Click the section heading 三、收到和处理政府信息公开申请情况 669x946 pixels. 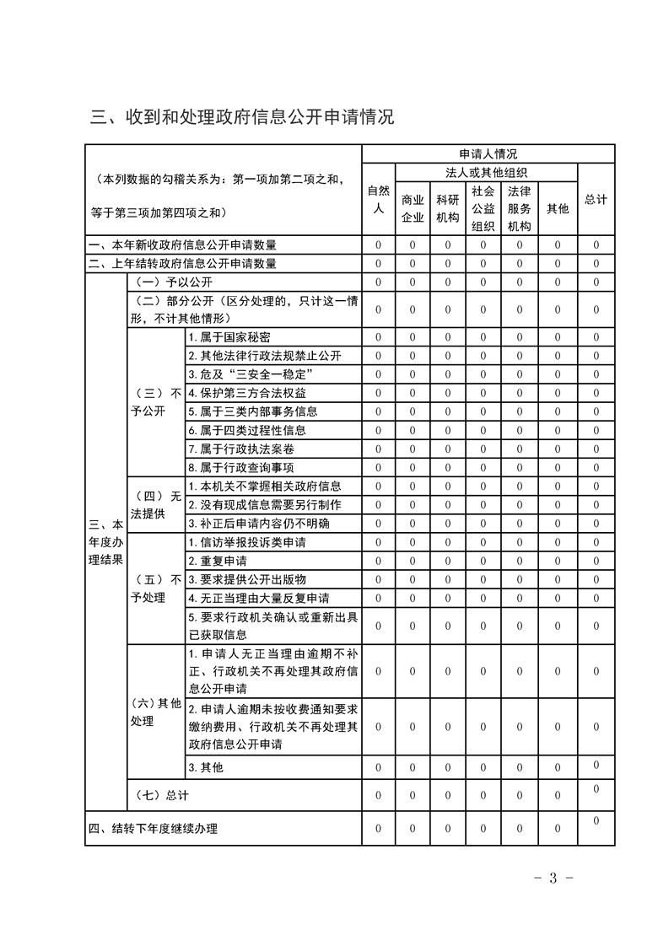coord(242,116)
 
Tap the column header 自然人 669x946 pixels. coord(379,199)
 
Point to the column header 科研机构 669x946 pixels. coord(447,208)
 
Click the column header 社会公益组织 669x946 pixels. coord(483,208)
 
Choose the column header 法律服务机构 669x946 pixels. coord(519,208)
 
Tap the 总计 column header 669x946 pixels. coord(596,199)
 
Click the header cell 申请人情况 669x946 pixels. coord(488,153)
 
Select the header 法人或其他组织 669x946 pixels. coord(487,172)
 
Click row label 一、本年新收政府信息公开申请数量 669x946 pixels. coord(183,245)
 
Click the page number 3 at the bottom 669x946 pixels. coord(553,879)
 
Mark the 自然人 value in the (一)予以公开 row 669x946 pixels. coord(379,282)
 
